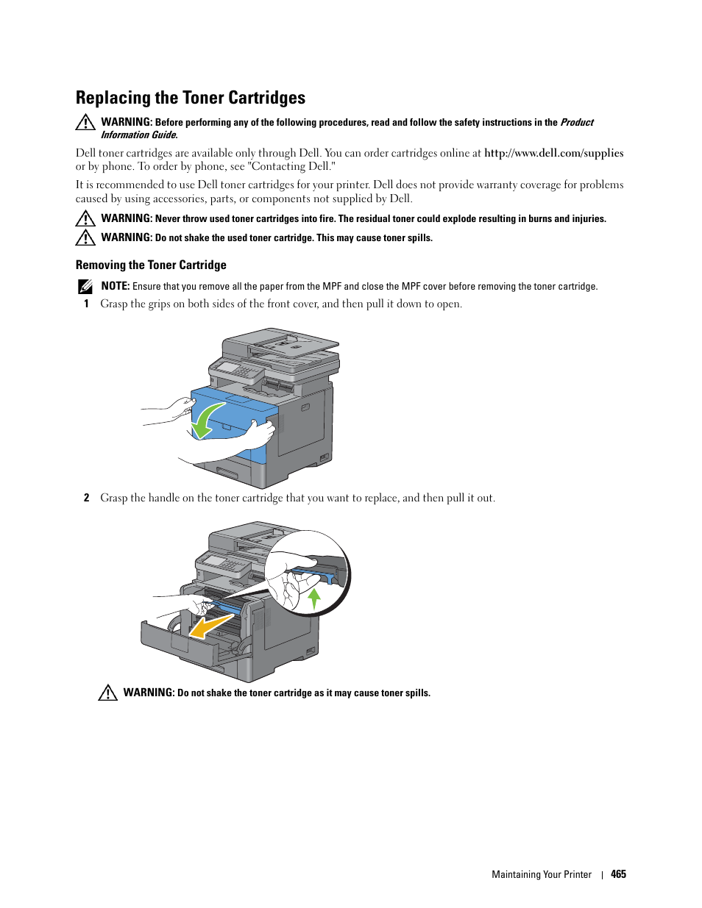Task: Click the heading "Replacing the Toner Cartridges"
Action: pos(191,98)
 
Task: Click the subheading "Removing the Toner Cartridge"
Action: pos(151,265)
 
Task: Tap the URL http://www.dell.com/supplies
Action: pos(553,153)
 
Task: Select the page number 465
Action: pos(618,874)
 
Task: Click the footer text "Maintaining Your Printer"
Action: pos(542,874)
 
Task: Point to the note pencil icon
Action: pos(85,287)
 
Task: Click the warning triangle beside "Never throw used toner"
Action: pos(85,218)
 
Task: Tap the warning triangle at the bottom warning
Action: pos(108,693)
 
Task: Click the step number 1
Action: pos(86,304)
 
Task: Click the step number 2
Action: pos(86,498)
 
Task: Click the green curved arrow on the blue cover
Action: pos(205,420)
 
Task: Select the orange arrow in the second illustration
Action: pos(210,626)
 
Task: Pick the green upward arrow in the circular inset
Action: pos(315,597)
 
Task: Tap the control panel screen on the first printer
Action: pos(230,367)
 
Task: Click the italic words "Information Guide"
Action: pos(138,135)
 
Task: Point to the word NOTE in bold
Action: pos(115,286)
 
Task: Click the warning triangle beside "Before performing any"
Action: pos(85,123)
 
